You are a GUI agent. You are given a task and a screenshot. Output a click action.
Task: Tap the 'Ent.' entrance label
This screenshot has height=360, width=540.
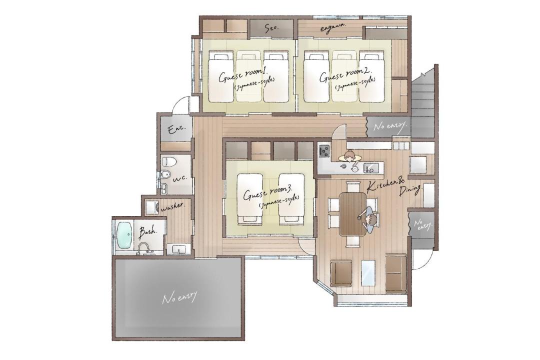(x=176, y=129)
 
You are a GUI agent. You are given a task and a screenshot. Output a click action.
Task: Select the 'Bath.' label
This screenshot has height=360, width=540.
(x=147, y=232)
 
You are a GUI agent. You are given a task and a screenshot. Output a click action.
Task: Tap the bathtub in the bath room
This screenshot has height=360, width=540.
(x=124, y=236)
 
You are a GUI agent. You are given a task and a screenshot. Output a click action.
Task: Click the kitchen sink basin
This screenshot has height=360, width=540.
(x=371, y=168)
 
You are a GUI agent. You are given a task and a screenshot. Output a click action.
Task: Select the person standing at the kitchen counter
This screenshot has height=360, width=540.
(x=350, y=156)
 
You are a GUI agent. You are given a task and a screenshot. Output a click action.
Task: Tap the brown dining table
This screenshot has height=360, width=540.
(x=352, y=214)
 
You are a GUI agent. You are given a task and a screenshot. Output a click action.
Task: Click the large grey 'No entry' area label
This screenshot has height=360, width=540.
(x=179, y=297)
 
